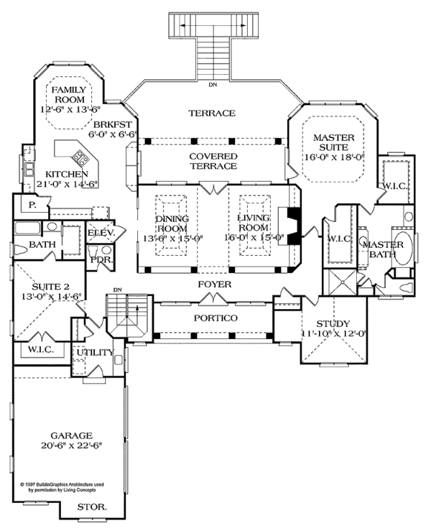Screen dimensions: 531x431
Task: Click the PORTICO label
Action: [215, 318]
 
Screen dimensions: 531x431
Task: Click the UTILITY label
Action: [96, 353]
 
